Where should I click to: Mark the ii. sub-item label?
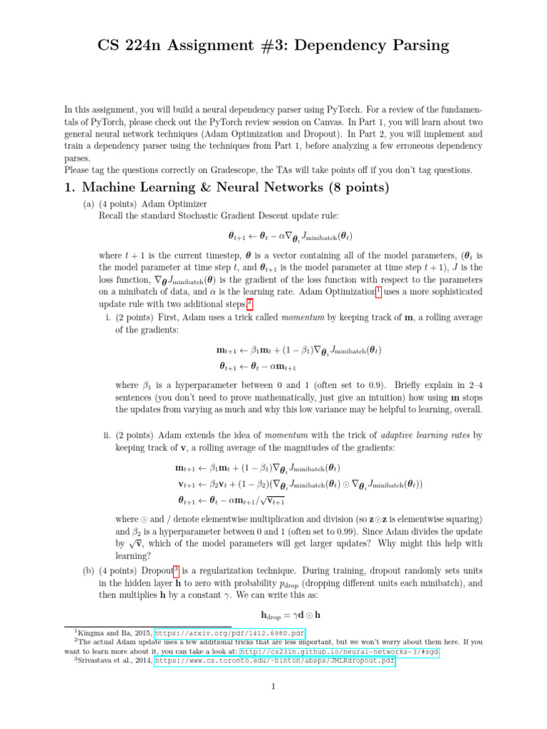coord(108,434)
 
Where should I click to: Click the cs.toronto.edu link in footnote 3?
coord(275,661)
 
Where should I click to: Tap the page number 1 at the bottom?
coord(273,687)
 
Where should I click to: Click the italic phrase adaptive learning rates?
coord(422,434)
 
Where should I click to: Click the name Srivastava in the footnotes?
coord(95,661)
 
